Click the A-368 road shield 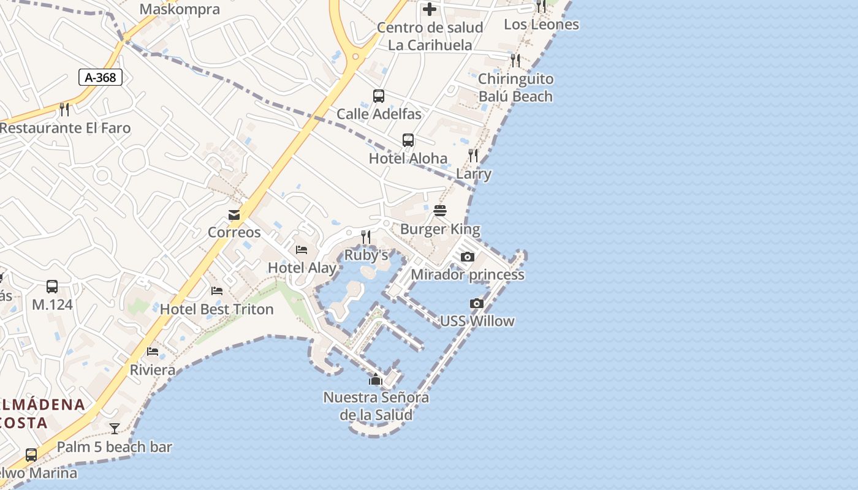click(101, 77)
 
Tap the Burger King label click(440, 229)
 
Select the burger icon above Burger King click(440, 211)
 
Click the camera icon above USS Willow click(477, 303)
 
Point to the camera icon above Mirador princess click(468, 257)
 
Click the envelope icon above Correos click(234, 214)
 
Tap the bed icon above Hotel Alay click(302, 249)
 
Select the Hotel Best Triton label click(216, 309)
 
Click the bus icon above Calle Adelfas click(379, 96)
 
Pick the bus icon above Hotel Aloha click(408, 140)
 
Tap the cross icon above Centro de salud click(430, 9)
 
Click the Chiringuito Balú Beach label click(515, 88)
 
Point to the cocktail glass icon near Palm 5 click(115, 428)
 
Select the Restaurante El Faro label click(65, 128)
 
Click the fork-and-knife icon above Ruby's click(366, 236)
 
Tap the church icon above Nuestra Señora click(376, 380)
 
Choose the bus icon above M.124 click(52, 286)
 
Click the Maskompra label click(180, 9)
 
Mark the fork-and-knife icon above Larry click(473, 155)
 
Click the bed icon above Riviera click(153, 352)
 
